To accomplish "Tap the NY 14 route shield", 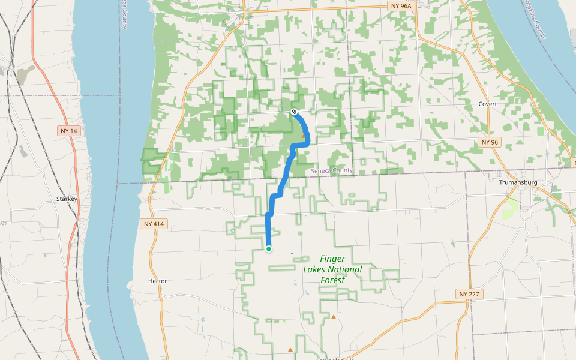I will tap(70, 130).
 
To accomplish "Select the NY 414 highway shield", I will tap(154, 224).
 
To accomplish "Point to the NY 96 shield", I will tap(490, 142).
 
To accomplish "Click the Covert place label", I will tap(488, 104).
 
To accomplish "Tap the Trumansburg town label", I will tap(517, 182).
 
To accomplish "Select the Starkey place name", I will tap(67, 198).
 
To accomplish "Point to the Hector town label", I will tap(157, 281).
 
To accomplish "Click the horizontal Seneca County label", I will tap(332, 171).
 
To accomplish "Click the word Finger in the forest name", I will tap(332, 259).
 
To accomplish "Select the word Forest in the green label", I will tap(332, 280).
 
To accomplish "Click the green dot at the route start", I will tap(269, 248).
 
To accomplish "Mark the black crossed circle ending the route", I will tap(295, 112).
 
